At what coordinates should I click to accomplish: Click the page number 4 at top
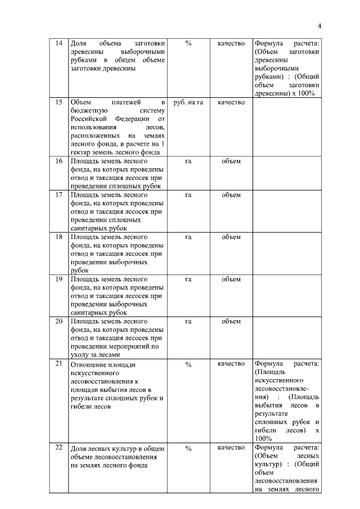click(319, 25)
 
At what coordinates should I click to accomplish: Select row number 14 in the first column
click(58, 43)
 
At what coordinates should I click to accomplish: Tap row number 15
click(58, 102)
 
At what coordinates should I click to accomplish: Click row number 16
click(58, 161)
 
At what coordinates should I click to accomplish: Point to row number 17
click(58, 195)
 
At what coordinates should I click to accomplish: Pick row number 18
click(58, 237)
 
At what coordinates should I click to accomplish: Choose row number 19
click(58, 280)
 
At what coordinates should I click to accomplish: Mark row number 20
click(58, 322)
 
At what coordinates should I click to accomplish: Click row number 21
click(58, 364)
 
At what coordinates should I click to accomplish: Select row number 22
click(58, 448)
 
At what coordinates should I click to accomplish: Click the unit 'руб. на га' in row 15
click(188, 102)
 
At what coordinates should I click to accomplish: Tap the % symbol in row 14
click(188, 43)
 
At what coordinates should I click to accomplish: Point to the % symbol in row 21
click(188, 364)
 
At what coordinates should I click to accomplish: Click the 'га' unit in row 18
click(188, 237)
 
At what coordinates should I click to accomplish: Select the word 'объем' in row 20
click(231, 322)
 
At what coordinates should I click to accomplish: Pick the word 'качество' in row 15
click(231, 102)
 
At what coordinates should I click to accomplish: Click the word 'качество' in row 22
click(231, 448)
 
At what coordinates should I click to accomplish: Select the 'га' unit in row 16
click(188, 161)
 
